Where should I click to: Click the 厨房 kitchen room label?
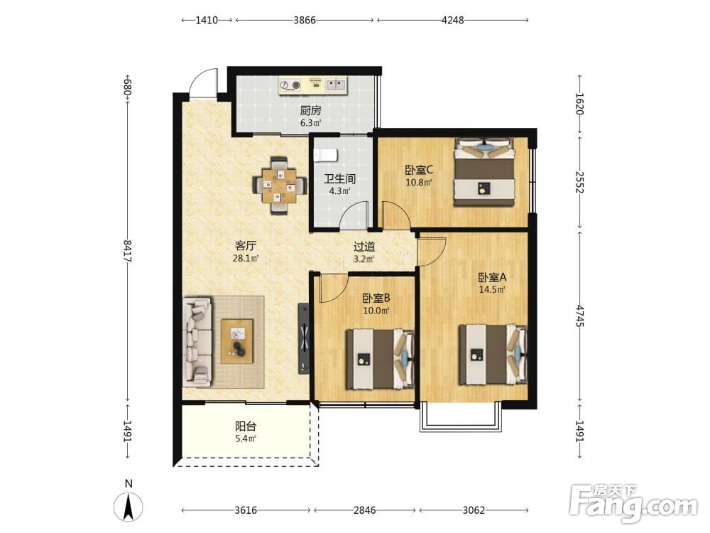point(311,111)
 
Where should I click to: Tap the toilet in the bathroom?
point(326,155)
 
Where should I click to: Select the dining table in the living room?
point(279,185)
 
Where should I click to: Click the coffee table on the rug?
point(237,341)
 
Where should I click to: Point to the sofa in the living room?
point(197,342)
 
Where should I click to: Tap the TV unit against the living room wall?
point(305,338)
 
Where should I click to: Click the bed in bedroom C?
point(484,172)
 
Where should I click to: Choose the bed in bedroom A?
point(493,355)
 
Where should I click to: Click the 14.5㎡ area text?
point(492,290)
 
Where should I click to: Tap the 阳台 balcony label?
point(246,426)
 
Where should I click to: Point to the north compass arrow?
point(129,506)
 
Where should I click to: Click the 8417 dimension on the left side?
point(128,251)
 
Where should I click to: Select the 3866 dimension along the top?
point(305,20)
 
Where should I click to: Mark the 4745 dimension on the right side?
point(580,316)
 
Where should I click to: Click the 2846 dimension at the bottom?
point(364,510)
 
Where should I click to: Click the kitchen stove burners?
point(290,85)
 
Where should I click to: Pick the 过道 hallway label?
point(364,247)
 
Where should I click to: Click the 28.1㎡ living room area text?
point(246,259)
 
